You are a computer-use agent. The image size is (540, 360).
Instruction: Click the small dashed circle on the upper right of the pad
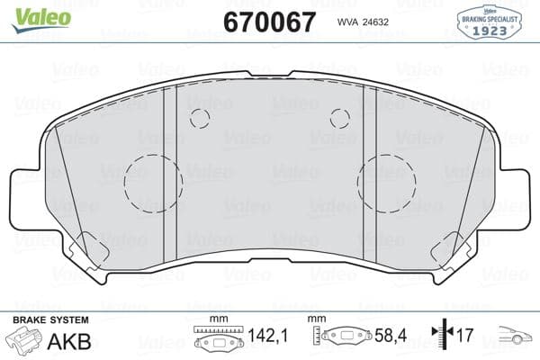(339, 117)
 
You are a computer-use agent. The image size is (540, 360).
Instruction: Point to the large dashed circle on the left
(152, 185)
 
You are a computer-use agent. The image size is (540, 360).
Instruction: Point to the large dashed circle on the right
(386, 185)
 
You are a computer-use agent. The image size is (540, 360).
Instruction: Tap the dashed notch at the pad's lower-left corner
(92, 248)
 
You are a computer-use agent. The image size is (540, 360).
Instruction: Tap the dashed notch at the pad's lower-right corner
(448, 248)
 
